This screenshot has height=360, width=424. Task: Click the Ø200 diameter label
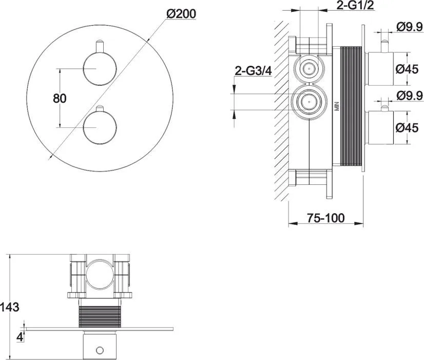181,14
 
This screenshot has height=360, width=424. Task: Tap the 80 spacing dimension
60,99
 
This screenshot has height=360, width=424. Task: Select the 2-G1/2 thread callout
355,5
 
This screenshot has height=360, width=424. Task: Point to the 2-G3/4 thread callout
253,71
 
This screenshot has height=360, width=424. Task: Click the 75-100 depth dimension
325,218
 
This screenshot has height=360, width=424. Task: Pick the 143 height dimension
10,307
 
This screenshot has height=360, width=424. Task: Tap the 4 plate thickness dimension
20,337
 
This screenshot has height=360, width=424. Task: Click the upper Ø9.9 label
410,27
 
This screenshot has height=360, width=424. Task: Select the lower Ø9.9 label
410,95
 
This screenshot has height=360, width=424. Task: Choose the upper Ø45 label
407,69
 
